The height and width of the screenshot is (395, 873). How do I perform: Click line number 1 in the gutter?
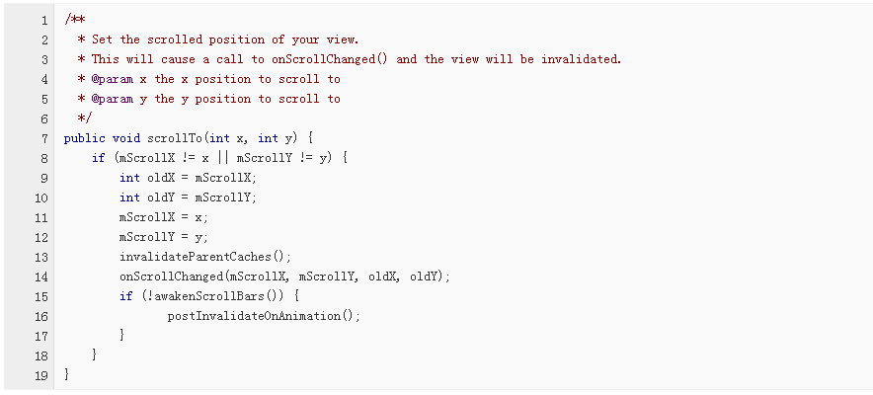click(x=43, y=20)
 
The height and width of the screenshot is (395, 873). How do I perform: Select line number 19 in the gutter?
click(x=40, y=375)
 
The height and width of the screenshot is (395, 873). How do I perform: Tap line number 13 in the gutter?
click(x=40, y=257)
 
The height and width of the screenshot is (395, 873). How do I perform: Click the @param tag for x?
click(x=113, y=79)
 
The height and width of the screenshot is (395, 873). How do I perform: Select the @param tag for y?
click(x=113, y=99)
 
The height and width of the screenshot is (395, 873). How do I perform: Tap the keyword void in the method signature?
click(x=126, y=138)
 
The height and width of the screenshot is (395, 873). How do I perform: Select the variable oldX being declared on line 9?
click(x=161, y=178)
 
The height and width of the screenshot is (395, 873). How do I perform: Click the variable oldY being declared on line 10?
click(x=161, y=197)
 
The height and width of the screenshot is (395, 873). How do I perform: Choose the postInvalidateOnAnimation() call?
click(x=264, y=316)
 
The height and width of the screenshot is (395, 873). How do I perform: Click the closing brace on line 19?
click(x=67, y=375)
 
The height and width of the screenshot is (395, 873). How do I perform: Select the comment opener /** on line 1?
click(x=72, y=20)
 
